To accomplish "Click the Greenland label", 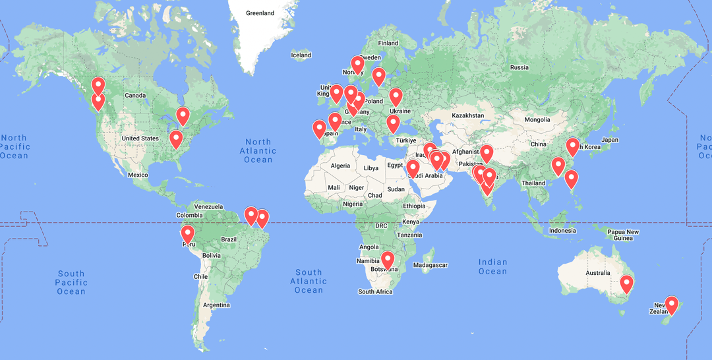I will coord(260,13).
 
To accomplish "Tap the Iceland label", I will coord(301,55).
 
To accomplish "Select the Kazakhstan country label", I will coord(467,115).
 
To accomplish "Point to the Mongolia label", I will coord(537,119).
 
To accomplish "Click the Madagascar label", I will coord(431,265).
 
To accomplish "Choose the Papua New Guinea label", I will coord(623,235).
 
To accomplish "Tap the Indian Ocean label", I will coord(493,266).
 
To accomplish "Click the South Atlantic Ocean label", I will coord(309,281).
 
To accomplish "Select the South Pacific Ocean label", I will coord(71,282).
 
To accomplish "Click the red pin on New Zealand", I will coord(671,303).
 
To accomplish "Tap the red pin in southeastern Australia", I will coord(626,284).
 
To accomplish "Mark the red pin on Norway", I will coord(357,64).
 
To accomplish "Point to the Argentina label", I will coord(216,305).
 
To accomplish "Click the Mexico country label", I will coord(138,175).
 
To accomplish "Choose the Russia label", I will coord(519,67).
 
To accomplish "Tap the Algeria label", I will coord(340,165).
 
